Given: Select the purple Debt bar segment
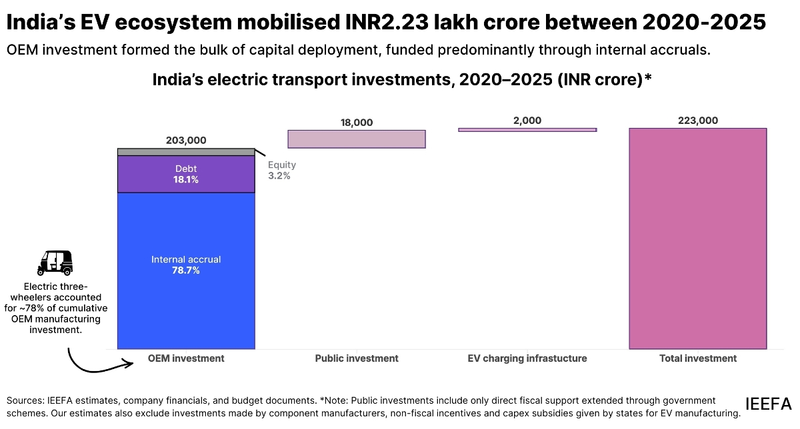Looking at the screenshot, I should tap(186, 174).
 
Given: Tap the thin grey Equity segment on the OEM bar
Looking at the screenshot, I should tap(186, 152).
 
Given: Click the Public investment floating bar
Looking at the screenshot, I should tap(357, 139).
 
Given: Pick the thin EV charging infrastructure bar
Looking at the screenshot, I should tap(527, 130).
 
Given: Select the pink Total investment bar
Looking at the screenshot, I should tap(698, 238).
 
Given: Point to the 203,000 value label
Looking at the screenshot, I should tap(186, 140).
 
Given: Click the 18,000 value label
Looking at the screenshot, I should tap(357, 122).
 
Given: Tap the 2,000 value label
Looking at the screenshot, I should tap(527, 120).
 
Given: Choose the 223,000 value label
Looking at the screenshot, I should tap(698, 120).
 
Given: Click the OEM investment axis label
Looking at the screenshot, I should tap(186, 358).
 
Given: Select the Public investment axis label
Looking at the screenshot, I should tap(357, 358).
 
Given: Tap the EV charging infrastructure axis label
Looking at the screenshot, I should tap(527, 358).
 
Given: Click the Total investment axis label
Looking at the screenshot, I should tap(698, 358).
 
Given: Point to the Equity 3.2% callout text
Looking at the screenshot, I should tap(281, 171).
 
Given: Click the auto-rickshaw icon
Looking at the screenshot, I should tap(55, 263).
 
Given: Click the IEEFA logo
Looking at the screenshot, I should tap(768, 404).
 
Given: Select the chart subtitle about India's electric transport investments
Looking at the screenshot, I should tap(401, 80).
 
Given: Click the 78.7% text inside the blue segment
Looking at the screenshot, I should tap(186, 270).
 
